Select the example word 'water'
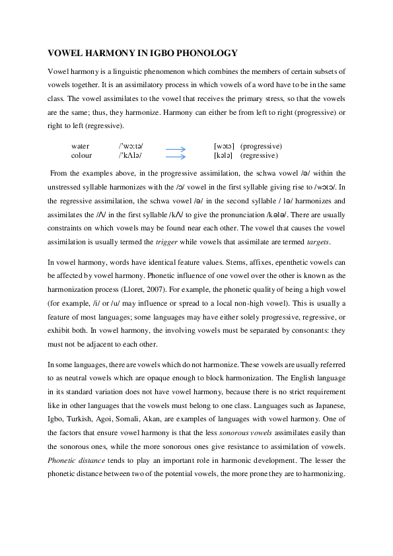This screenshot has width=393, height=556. tap(80, 145)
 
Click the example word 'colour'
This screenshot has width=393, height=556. tap(81, 155)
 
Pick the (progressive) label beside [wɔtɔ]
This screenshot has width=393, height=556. tap(262, 145)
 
